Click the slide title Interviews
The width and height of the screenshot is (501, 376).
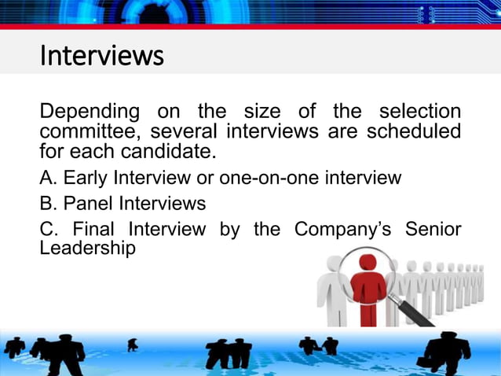pos(101,56)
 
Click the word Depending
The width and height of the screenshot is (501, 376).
pos(90,112)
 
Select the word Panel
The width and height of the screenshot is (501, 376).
pos(89,204)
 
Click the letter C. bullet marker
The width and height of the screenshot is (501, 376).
pos(49,230)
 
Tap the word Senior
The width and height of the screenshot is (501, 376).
pos(433,230)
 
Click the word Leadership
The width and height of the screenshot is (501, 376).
pos(87,248)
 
